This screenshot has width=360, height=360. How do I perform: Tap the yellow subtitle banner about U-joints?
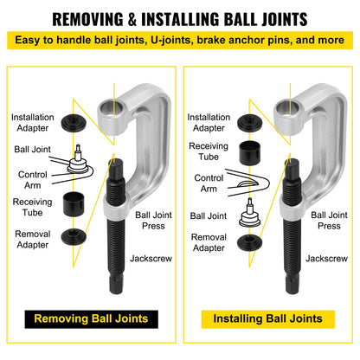(x=180, y=41)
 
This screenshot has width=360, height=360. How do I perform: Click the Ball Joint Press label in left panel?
(x=151, y=218)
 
